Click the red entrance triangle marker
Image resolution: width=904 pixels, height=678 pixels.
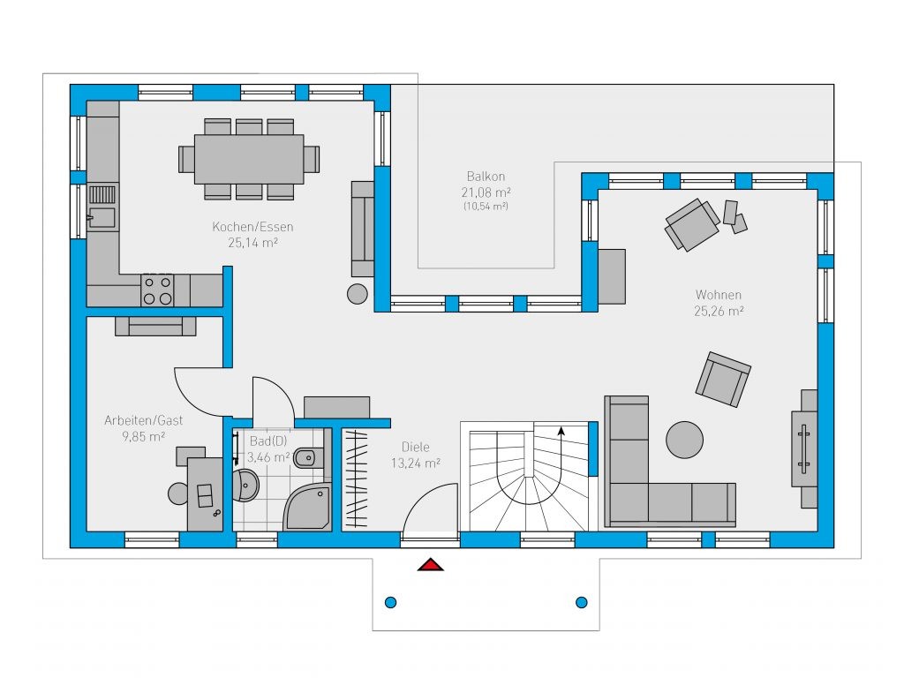(x=431, y=564)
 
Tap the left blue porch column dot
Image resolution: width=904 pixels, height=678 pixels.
(x=390, y=602)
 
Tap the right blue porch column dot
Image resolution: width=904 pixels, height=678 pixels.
(x=582, y=602)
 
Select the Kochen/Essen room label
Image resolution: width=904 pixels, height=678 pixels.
(x=252, y=227)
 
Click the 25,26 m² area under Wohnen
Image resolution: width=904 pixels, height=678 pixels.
(x=719, y=312)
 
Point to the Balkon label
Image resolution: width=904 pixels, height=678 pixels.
(x=486, y=177)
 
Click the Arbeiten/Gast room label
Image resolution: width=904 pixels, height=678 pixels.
(x=144, y=420)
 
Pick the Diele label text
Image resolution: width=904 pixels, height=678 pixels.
(x=415, y=447)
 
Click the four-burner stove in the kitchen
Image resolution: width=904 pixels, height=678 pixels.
(x=157, y=290)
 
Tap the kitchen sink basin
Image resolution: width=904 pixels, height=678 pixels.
(x=102, y=218)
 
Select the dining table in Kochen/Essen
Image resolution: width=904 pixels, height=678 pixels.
(x=249, y=159)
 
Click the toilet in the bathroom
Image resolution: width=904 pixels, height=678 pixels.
(x=305, y=458)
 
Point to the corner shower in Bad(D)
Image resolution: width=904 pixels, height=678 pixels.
(x=308, y=506)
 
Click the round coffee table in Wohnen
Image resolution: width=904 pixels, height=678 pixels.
(x=684, y=440)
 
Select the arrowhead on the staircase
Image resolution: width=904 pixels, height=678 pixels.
(x=561, y=430)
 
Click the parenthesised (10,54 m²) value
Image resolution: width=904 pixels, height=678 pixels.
(x=486, y=207)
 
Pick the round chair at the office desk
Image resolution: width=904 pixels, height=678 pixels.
(x=178, y=493)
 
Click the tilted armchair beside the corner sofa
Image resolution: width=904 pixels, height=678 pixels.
(x=723, y=380)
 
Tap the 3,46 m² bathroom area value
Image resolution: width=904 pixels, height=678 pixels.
(x=268, y=458)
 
